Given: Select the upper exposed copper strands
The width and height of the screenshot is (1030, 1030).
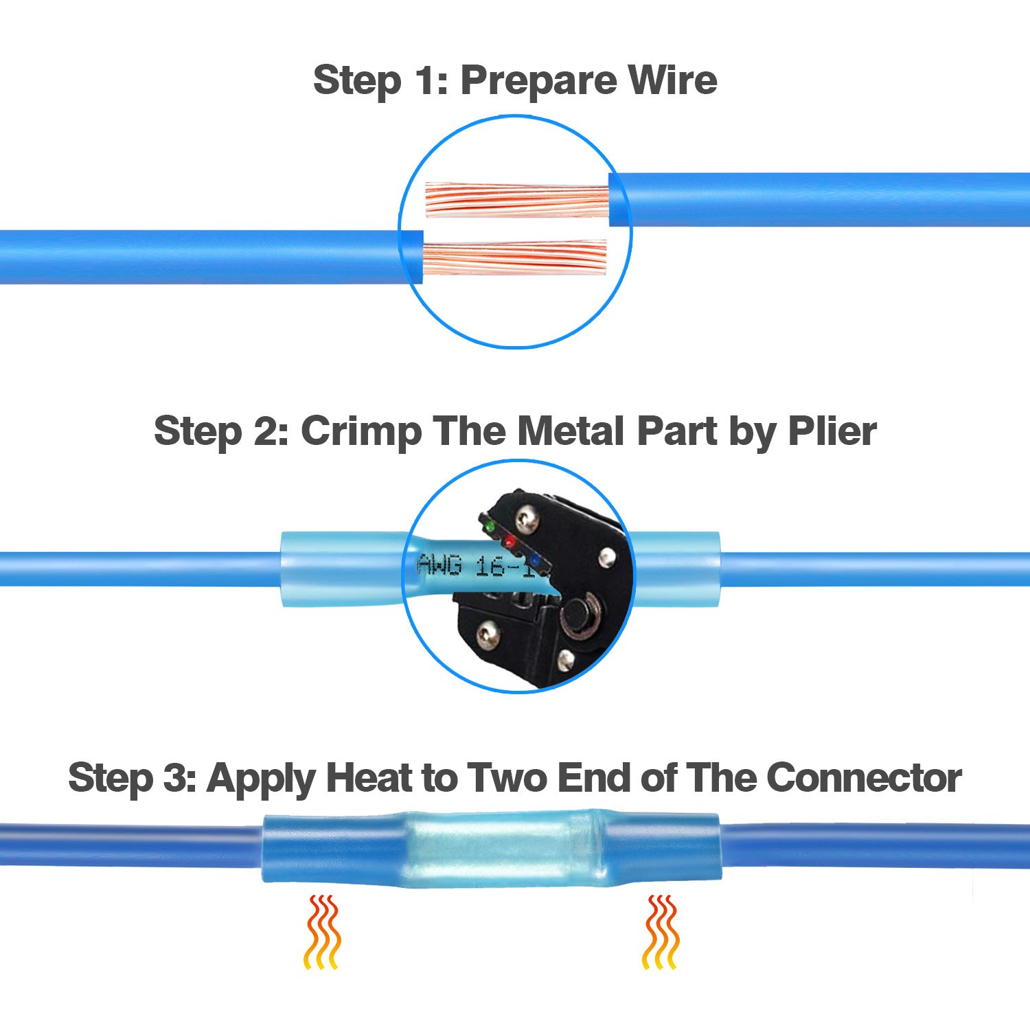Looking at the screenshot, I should click(516, 200).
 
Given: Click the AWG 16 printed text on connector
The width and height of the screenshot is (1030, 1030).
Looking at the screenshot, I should click(474, 565).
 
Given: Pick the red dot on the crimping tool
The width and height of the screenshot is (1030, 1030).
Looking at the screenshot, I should click(510, 542).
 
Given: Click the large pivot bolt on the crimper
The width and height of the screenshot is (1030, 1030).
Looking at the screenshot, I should click(581, 611).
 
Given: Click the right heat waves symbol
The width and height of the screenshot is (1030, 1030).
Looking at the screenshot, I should click(660, 932).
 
